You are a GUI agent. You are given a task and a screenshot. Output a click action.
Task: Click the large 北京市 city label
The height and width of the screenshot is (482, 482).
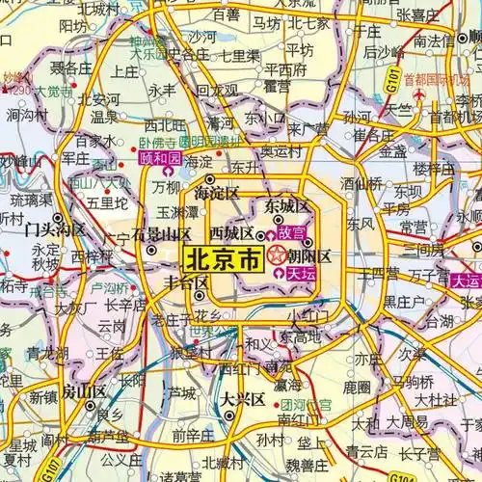point(220,258)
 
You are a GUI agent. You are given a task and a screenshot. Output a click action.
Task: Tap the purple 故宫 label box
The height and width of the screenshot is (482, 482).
point(291,233)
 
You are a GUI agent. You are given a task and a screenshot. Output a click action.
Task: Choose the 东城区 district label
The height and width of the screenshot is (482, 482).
point(286,206)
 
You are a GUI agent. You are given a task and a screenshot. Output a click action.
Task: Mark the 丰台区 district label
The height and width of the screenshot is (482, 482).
point(187,283)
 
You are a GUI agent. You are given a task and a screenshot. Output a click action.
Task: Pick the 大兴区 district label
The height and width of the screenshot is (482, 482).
point(236,398)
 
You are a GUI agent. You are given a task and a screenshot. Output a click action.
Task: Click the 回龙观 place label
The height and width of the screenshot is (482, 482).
point(218,90)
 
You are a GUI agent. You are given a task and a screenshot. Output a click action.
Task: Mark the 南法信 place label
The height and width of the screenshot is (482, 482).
point(435,41)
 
